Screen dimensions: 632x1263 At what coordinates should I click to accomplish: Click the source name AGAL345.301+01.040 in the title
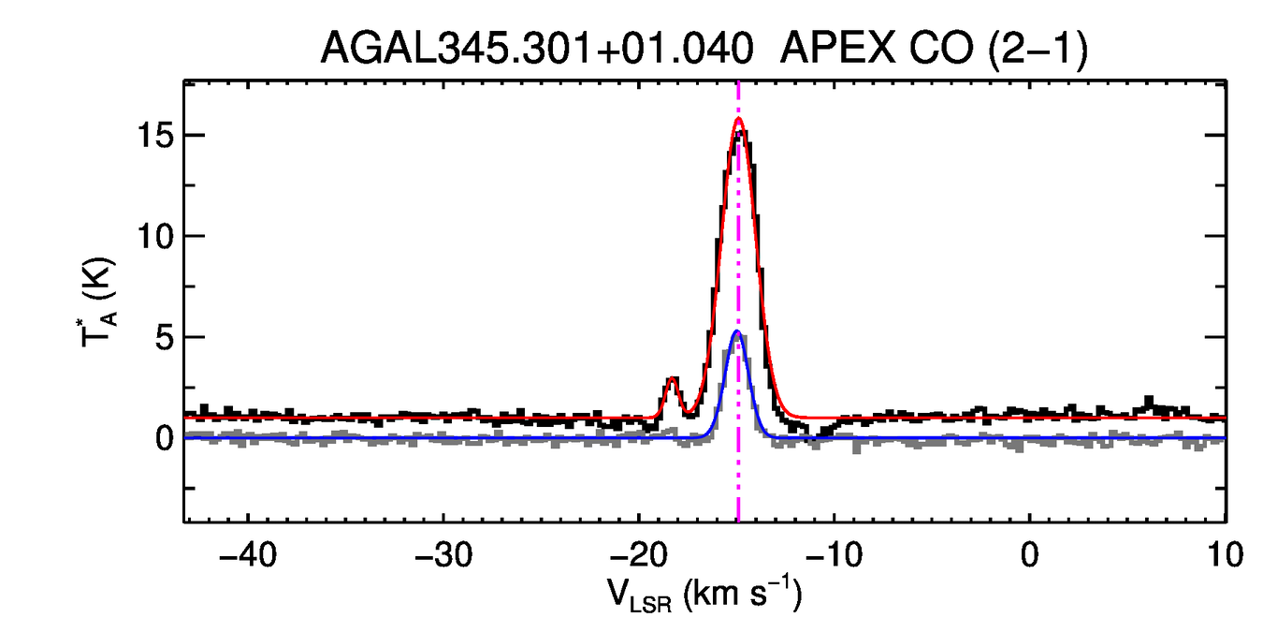tap(537, 49)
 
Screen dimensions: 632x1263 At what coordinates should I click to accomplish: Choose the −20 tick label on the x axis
tap(638, 554)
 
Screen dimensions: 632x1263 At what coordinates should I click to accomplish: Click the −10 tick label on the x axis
tap(834, 554)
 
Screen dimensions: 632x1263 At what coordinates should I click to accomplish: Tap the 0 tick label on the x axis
tap(1029, 554)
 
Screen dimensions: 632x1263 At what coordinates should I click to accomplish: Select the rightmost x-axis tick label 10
tap(1224, 554)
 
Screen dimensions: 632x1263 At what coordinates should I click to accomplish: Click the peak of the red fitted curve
tap(738, 118)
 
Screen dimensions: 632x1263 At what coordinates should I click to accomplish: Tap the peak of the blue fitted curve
tap(737, 331)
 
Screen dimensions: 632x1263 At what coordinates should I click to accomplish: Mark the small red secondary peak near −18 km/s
tap(672, 379)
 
